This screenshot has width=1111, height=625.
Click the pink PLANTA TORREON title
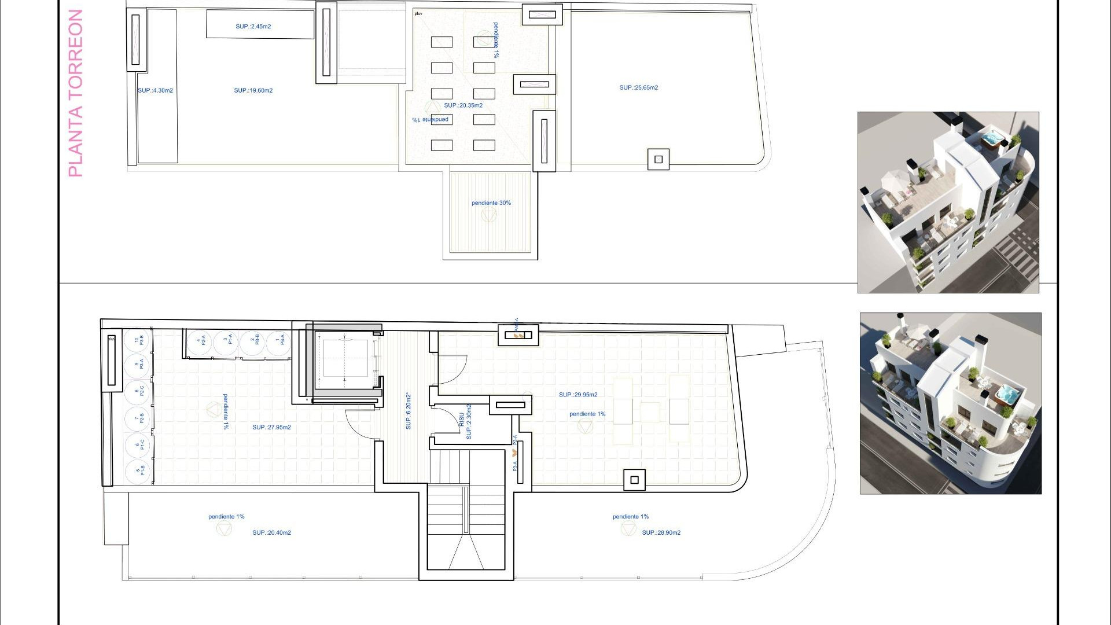click(76, 93)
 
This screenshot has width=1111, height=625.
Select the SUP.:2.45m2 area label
click(253, 27)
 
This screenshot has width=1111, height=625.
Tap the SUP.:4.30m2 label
click(155, 91)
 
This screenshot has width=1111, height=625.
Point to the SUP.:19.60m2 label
click(253, 91)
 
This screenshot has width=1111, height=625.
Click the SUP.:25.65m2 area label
click(638, 88)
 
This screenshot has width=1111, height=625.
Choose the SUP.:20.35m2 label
click(463, 105)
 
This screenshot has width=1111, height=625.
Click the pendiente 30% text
click(491, 203)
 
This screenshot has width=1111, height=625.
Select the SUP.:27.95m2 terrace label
click(271, 428)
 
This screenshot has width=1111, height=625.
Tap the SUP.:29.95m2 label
click(578, 395)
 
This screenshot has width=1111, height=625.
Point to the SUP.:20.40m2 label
click(271, 533)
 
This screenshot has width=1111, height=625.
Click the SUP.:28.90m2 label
click(661, 533)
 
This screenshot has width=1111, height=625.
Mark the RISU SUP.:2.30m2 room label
click(465, 422)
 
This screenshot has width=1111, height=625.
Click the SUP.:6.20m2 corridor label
click(409, 411)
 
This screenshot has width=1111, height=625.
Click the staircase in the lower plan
click(466, 509)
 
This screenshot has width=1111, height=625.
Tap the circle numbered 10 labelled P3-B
click(138, 340)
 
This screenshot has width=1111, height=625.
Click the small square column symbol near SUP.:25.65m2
click(658, 160)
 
